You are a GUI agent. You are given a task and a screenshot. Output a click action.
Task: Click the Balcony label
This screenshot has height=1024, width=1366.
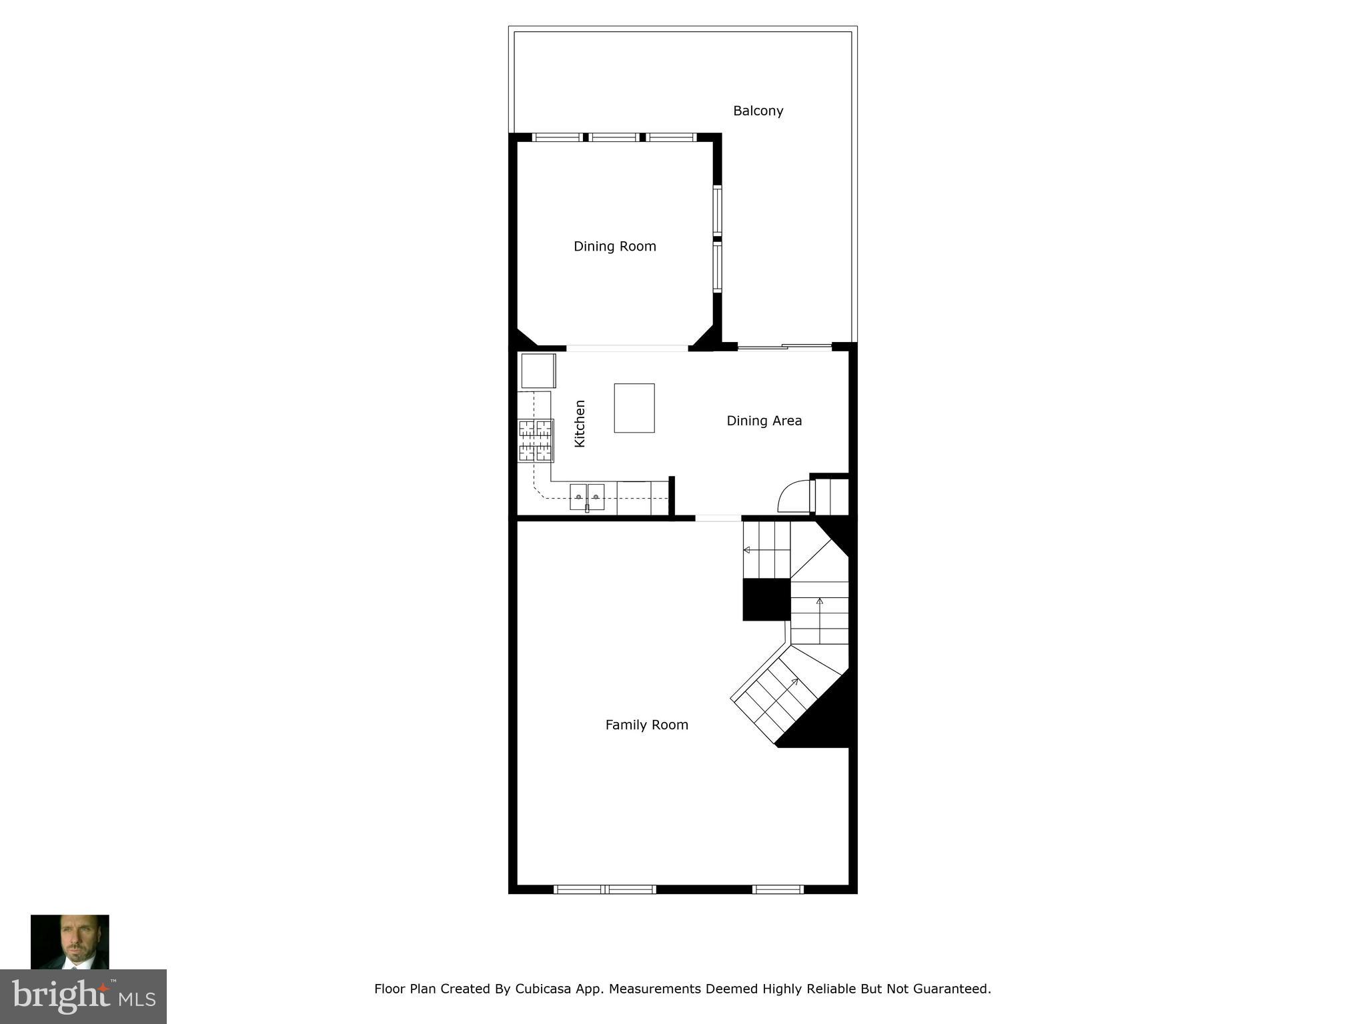[758, 111]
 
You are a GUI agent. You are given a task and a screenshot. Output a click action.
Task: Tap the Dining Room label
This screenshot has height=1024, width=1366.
[614, 247]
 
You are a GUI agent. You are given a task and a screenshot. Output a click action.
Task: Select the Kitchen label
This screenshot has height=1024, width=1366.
[580, 423]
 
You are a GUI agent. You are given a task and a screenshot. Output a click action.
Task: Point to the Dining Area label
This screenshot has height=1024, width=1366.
[764, 421]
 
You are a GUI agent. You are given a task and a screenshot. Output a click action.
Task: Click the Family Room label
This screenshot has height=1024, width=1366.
[646, 725]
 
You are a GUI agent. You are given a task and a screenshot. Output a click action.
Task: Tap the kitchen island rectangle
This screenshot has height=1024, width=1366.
[634, 408]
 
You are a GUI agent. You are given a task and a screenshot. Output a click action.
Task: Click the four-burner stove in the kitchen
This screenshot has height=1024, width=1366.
[536, 440]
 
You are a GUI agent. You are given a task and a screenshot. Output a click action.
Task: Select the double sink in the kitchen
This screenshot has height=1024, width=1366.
[587, 497]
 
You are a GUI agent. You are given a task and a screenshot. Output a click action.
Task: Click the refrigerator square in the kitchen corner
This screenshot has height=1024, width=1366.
[538, 371]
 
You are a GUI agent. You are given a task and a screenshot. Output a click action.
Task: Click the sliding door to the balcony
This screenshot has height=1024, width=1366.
[784, 347]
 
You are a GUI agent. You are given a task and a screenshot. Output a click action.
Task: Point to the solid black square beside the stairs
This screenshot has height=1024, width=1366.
[766, 599]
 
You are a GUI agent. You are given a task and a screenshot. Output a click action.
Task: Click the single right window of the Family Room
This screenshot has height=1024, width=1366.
[778, 889]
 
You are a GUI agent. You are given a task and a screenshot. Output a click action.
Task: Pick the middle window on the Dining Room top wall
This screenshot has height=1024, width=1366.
[614, 138]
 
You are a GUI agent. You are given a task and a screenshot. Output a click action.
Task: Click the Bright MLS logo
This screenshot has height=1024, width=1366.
[83, 996]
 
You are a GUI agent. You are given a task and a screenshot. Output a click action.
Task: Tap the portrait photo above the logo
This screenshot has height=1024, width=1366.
[70, 941]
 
